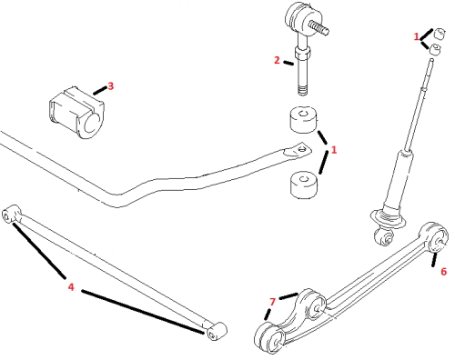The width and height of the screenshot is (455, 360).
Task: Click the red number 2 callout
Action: click(x=277, y=60)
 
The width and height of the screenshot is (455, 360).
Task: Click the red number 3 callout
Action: click(x=111, y=86)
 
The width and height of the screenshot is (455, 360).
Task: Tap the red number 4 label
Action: click(x=71, y=286)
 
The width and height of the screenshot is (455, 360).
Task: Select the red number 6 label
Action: click(x=443, y=272)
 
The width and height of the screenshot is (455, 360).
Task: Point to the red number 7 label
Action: click(x=272, y=302)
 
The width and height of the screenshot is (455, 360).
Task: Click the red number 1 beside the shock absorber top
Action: click(x=417, y=36)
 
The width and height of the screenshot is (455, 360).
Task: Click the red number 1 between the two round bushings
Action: click(x=334, y=150)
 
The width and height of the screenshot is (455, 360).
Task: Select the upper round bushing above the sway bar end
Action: click(x=304, y=119)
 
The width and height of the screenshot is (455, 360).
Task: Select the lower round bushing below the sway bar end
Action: click(x=304, y=185)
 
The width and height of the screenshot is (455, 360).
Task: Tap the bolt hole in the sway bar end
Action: click(x=301, y=149)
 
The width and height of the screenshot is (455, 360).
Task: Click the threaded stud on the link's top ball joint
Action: click(x=319, y=28)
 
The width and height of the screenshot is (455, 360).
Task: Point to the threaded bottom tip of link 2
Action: click(x=302, y=90)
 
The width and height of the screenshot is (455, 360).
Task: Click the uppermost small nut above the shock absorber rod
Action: click(x=440, y=34)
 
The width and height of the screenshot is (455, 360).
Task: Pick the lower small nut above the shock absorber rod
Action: click(x=435, y=50)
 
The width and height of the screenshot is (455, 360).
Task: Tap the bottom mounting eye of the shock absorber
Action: click(x=386, y=237)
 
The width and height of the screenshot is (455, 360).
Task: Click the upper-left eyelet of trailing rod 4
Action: click(x=10, y=214)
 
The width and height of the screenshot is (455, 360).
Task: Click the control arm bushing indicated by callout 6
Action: click(x=435, y=238)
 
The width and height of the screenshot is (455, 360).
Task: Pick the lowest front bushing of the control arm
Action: click(x=269, y=337)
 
